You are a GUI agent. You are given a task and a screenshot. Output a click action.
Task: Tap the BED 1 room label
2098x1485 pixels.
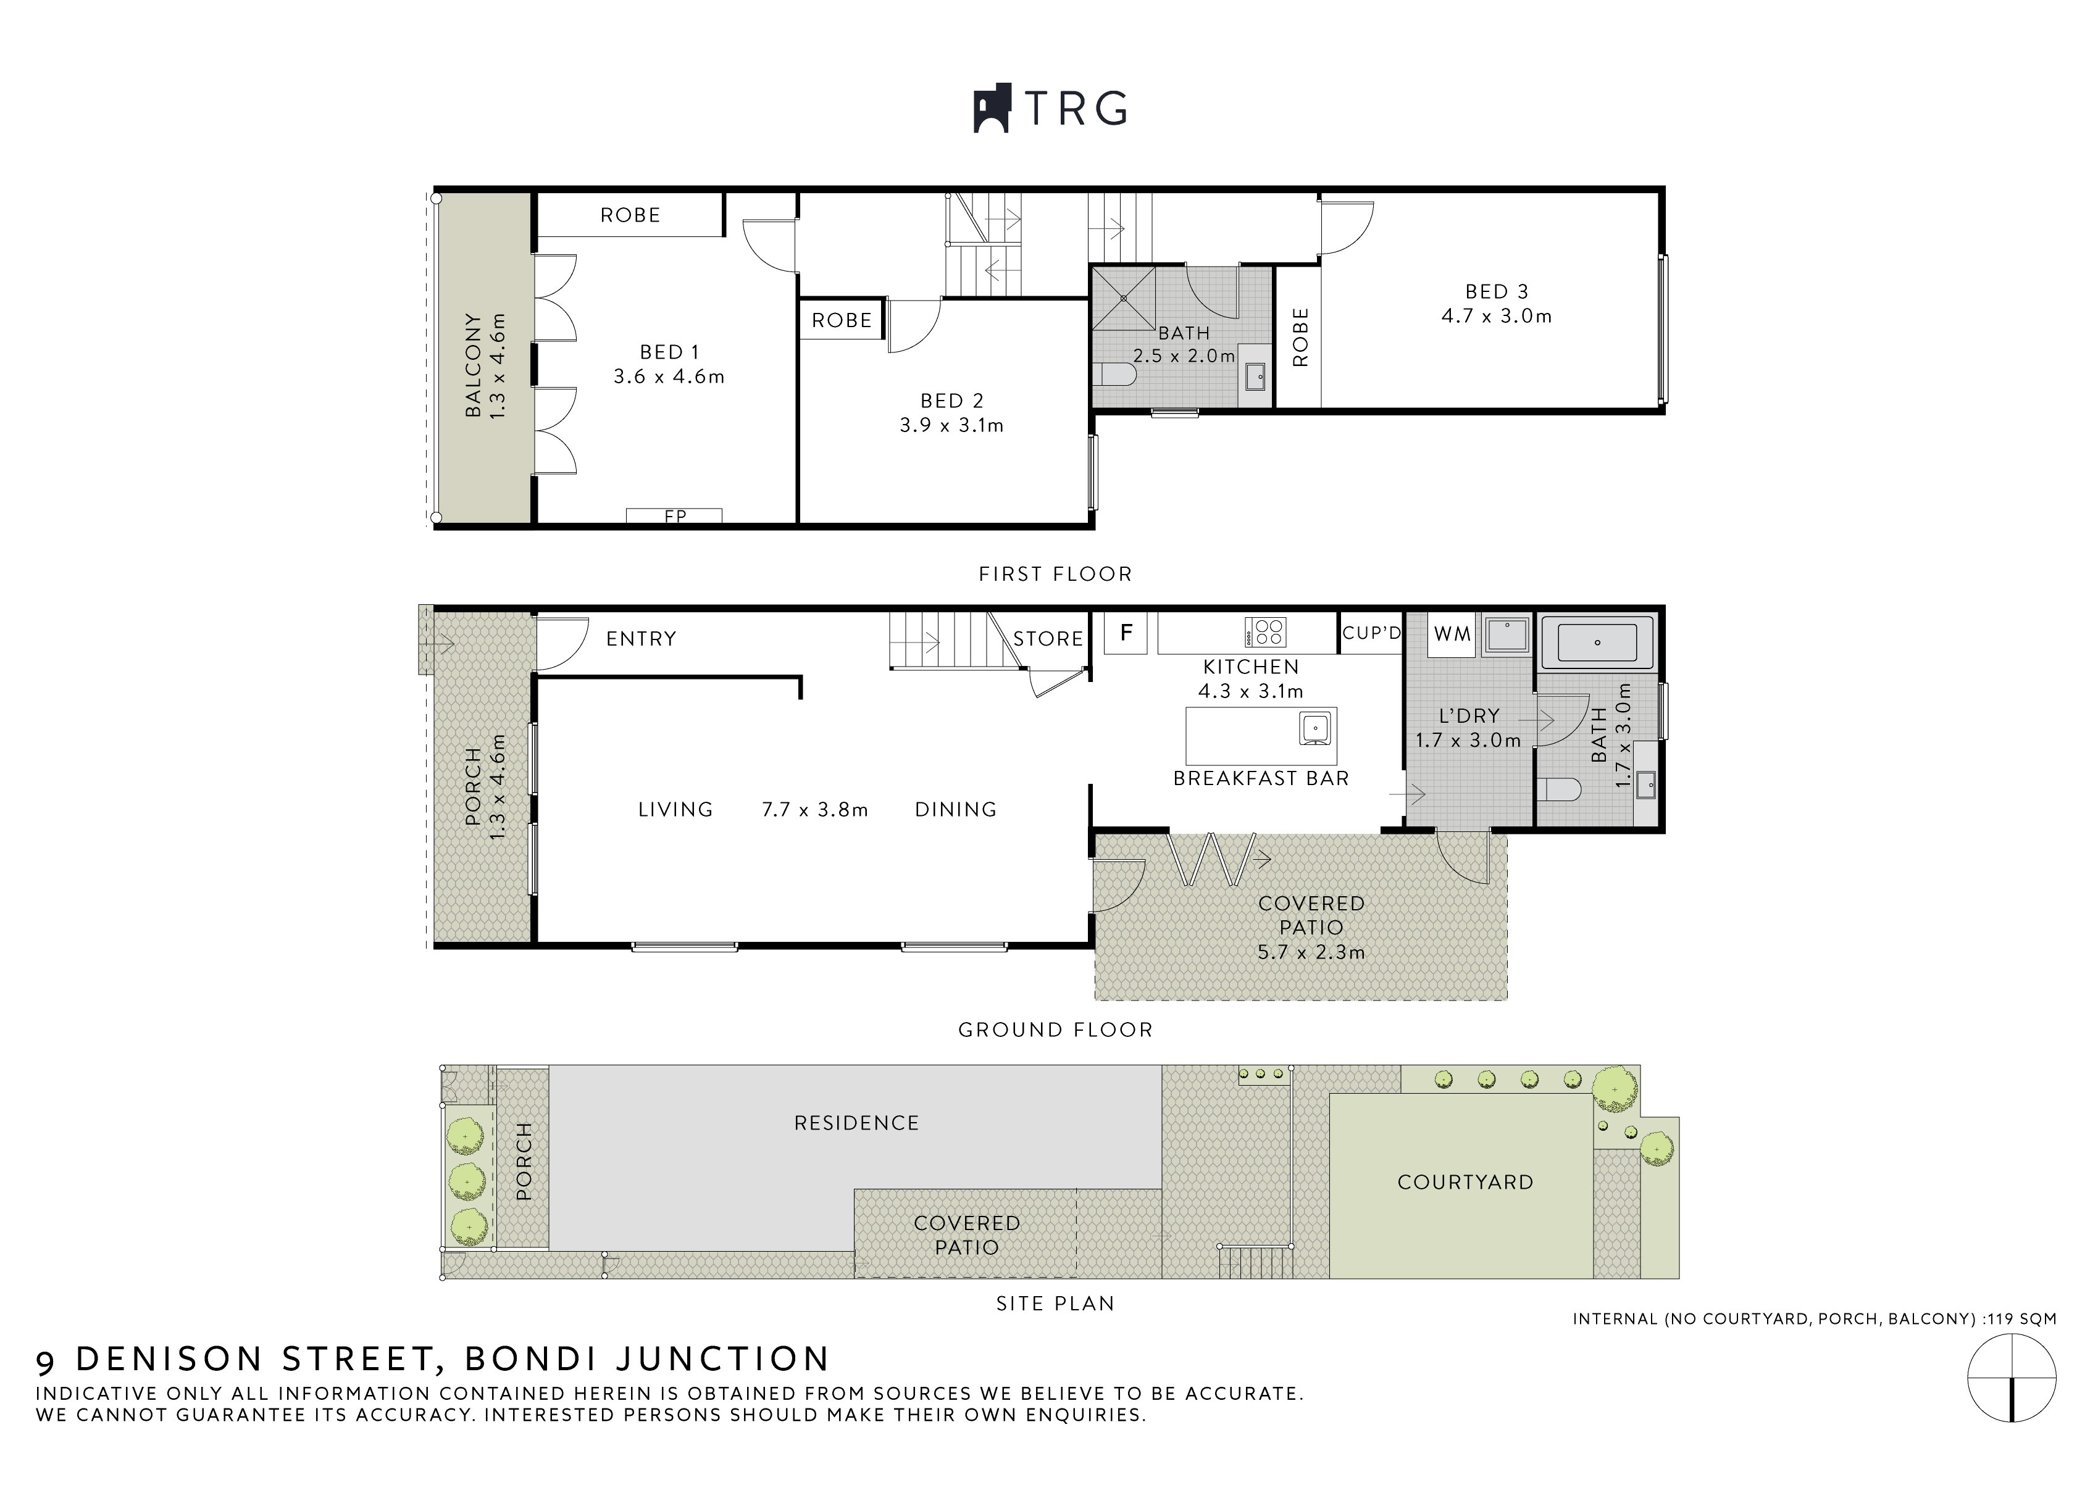pos(669,352)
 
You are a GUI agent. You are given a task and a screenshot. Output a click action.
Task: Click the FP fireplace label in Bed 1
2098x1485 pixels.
pos(675,517)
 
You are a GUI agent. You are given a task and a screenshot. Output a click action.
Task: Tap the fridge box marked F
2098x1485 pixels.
pos(1127,633)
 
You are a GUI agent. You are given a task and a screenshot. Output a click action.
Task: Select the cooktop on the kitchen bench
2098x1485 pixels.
pos(1266,632)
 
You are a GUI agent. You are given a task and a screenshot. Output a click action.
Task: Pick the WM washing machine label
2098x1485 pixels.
pos(1452,634)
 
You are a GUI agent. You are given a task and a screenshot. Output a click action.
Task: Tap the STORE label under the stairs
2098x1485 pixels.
pos(1048,639)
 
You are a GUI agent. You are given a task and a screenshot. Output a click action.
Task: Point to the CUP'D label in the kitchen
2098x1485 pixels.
pos(1371,633)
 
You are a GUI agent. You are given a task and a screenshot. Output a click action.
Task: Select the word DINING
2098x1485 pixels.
pos(956,809)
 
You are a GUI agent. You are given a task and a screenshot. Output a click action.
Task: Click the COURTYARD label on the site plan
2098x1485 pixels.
pos(1465,1183)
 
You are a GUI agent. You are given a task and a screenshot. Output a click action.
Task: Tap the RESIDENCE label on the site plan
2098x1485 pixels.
pos(856,1123)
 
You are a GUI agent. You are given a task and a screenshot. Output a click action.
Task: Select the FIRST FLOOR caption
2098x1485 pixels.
pos(1055,574)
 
